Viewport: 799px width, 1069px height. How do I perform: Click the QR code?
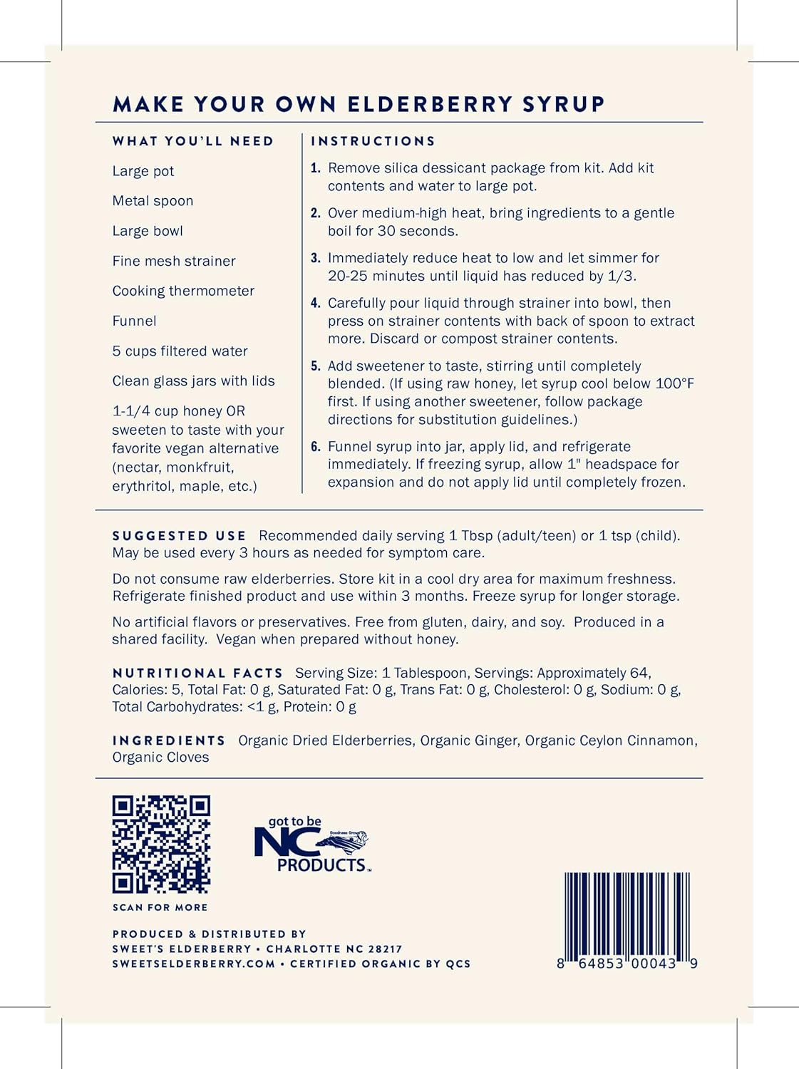161,845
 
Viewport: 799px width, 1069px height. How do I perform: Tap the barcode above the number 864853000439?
627,915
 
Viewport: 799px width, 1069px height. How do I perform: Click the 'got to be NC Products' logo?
311,845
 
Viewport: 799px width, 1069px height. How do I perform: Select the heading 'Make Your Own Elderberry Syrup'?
359,104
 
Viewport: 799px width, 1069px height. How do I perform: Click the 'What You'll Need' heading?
193,141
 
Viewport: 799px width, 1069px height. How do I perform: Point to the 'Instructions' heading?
373,141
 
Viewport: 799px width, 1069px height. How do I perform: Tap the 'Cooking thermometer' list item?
183,291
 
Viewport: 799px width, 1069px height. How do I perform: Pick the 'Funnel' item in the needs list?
134,321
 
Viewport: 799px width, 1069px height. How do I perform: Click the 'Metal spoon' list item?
153,201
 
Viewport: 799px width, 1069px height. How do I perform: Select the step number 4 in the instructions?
315,303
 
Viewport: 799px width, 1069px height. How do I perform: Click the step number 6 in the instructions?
315,447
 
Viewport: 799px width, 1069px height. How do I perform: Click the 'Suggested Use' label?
179,536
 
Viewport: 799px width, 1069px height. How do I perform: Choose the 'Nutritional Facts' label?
197,673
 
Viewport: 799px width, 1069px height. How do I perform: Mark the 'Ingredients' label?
169,740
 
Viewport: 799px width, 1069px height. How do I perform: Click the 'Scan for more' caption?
160,907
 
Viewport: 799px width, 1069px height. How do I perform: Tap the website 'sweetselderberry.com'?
194,964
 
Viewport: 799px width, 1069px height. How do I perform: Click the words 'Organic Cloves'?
160,758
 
